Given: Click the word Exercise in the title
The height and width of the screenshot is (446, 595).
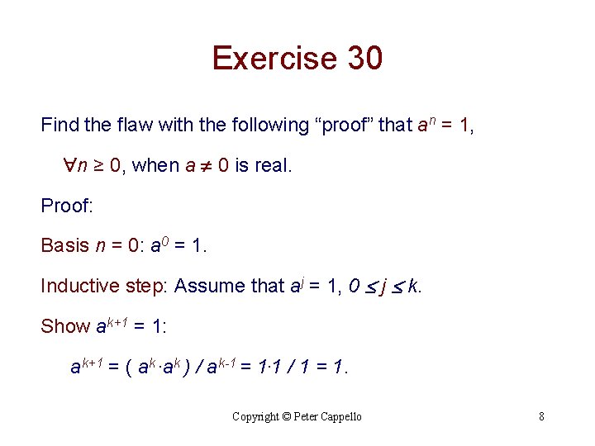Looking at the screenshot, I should tap(274, 59).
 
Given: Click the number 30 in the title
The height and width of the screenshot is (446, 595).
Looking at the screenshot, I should tap(364, 59).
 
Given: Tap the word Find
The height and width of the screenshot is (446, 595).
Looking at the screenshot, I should tap(59, 126).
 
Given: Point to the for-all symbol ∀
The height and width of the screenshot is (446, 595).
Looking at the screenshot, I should tap(70, 166).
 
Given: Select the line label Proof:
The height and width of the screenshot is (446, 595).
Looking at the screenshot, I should tap(67, 206).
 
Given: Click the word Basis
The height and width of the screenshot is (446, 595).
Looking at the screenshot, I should tap(64, 245).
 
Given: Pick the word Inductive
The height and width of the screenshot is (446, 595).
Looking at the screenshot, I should tap(80, 286).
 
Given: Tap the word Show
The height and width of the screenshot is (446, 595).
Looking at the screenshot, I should tap(65, 326).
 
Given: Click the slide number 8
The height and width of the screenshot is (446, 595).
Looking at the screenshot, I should tap(541, 416).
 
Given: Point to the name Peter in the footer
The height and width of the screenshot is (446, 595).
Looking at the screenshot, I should tap(305, 417).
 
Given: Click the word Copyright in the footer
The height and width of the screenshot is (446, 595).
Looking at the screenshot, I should tap(255, 417).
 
